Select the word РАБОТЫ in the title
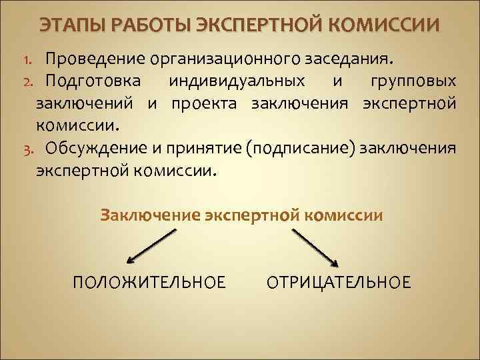[138, 26]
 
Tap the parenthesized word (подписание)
[300, 147]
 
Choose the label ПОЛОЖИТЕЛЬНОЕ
[149, 283]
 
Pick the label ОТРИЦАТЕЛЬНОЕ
[339, 283]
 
